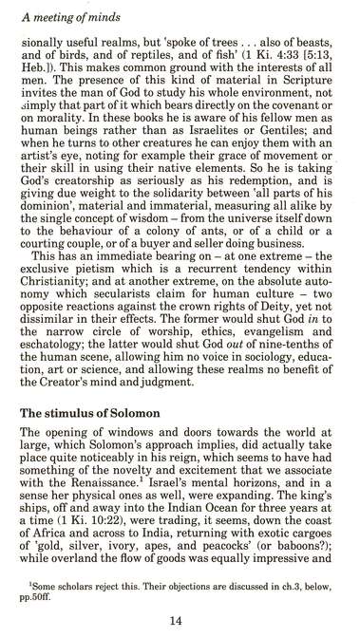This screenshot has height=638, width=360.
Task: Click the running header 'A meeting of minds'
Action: coord(65,11)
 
